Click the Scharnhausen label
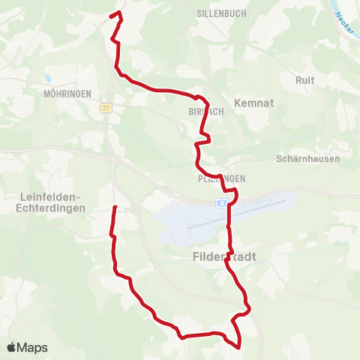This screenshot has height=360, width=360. (308, 159)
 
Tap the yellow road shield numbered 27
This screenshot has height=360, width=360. (106, 107)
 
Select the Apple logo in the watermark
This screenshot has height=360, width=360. (11, 347)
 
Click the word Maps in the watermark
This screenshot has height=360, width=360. (33, 347)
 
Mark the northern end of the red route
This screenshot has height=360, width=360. (111, 15)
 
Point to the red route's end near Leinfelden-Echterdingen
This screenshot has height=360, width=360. (115, 207)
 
